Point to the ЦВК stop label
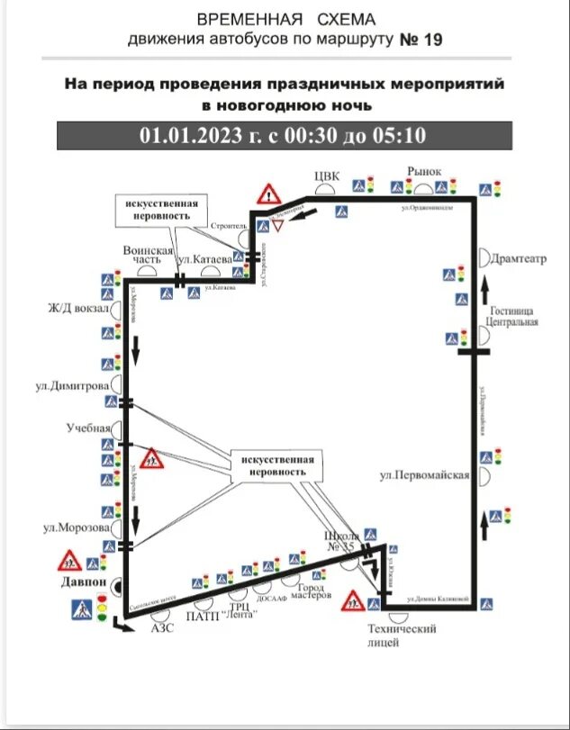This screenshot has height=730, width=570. pos(326,176)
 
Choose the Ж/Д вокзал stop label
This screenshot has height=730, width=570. pos(79,309)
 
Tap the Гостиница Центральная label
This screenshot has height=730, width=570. pos(511,315)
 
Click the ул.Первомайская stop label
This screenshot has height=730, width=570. pos(424,474)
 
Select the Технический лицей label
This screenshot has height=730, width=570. pos(401,635)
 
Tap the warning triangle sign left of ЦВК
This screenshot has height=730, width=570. pos(268,193)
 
